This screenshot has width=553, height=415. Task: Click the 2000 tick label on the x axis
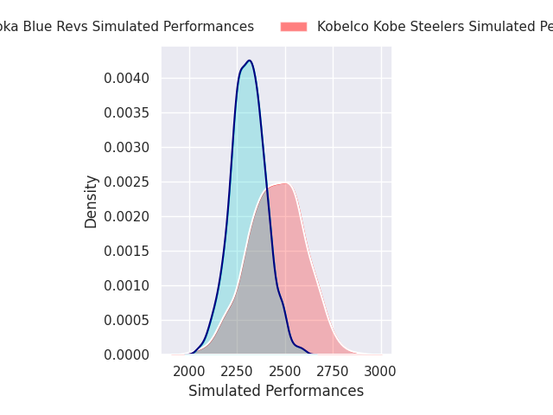[189, 372]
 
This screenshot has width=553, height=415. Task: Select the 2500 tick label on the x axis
[285, 372]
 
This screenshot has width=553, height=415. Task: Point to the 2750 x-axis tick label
[334, 372]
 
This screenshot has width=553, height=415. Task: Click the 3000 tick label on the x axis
[381, 372]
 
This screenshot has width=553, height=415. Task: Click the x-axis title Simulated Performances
[276, 391]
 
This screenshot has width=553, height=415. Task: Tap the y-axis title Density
[91, 201]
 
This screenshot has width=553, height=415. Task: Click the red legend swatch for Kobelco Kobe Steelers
[294, 27]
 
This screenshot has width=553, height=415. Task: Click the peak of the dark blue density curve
[249, 61]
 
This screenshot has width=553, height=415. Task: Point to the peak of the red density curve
[283, 183]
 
